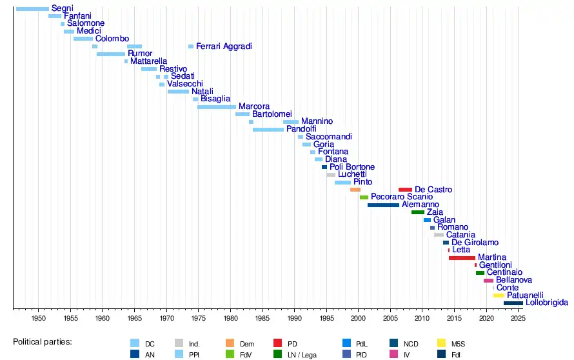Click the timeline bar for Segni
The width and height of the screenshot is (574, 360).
32,8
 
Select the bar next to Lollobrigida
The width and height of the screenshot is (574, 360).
513,303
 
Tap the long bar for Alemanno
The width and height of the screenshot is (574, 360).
383,205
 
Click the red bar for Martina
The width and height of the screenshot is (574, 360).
462,258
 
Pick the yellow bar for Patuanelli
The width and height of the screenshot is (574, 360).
499,295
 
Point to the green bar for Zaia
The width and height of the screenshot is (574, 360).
418,212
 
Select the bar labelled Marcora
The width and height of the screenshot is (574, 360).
217,107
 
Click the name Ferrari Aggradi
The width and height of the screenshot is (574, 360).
224,46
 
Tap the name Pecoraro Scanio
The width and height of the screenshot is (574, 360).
402,197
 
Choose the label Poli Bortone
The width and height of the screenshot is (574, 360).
352,167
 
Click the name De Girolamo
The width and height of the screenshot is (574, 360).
475,243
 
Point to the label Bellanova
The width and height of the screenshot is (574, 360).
514,281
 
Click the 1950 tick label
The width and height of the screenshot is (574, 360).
39,319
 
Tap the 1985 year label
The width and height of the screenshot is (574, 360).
262,319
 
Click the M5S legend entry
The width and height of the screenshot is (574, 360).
456,343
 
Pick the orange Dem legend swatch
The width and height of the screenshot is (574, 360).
230,343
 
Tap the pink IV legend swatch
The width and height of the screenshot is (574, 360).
393,354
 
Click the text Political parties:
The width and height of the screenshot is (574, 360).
43,341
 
